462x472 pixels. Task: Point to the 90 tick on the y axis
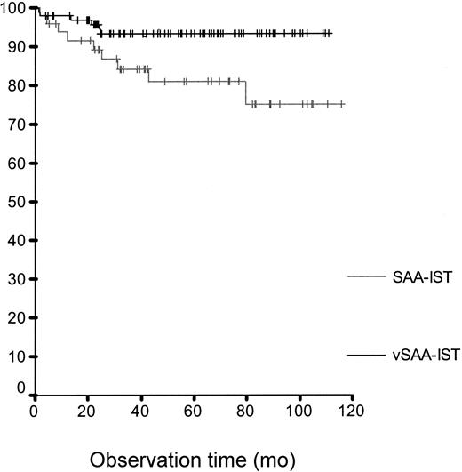[17, 46]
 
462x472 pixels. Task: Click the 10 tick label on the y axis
[17, 356]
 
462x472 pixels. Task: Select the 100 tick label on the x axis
[299, 411]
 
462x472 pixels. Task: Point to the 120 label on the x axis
[353, 411]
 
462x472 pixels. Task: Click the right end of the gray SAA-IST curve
[344, 104]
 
